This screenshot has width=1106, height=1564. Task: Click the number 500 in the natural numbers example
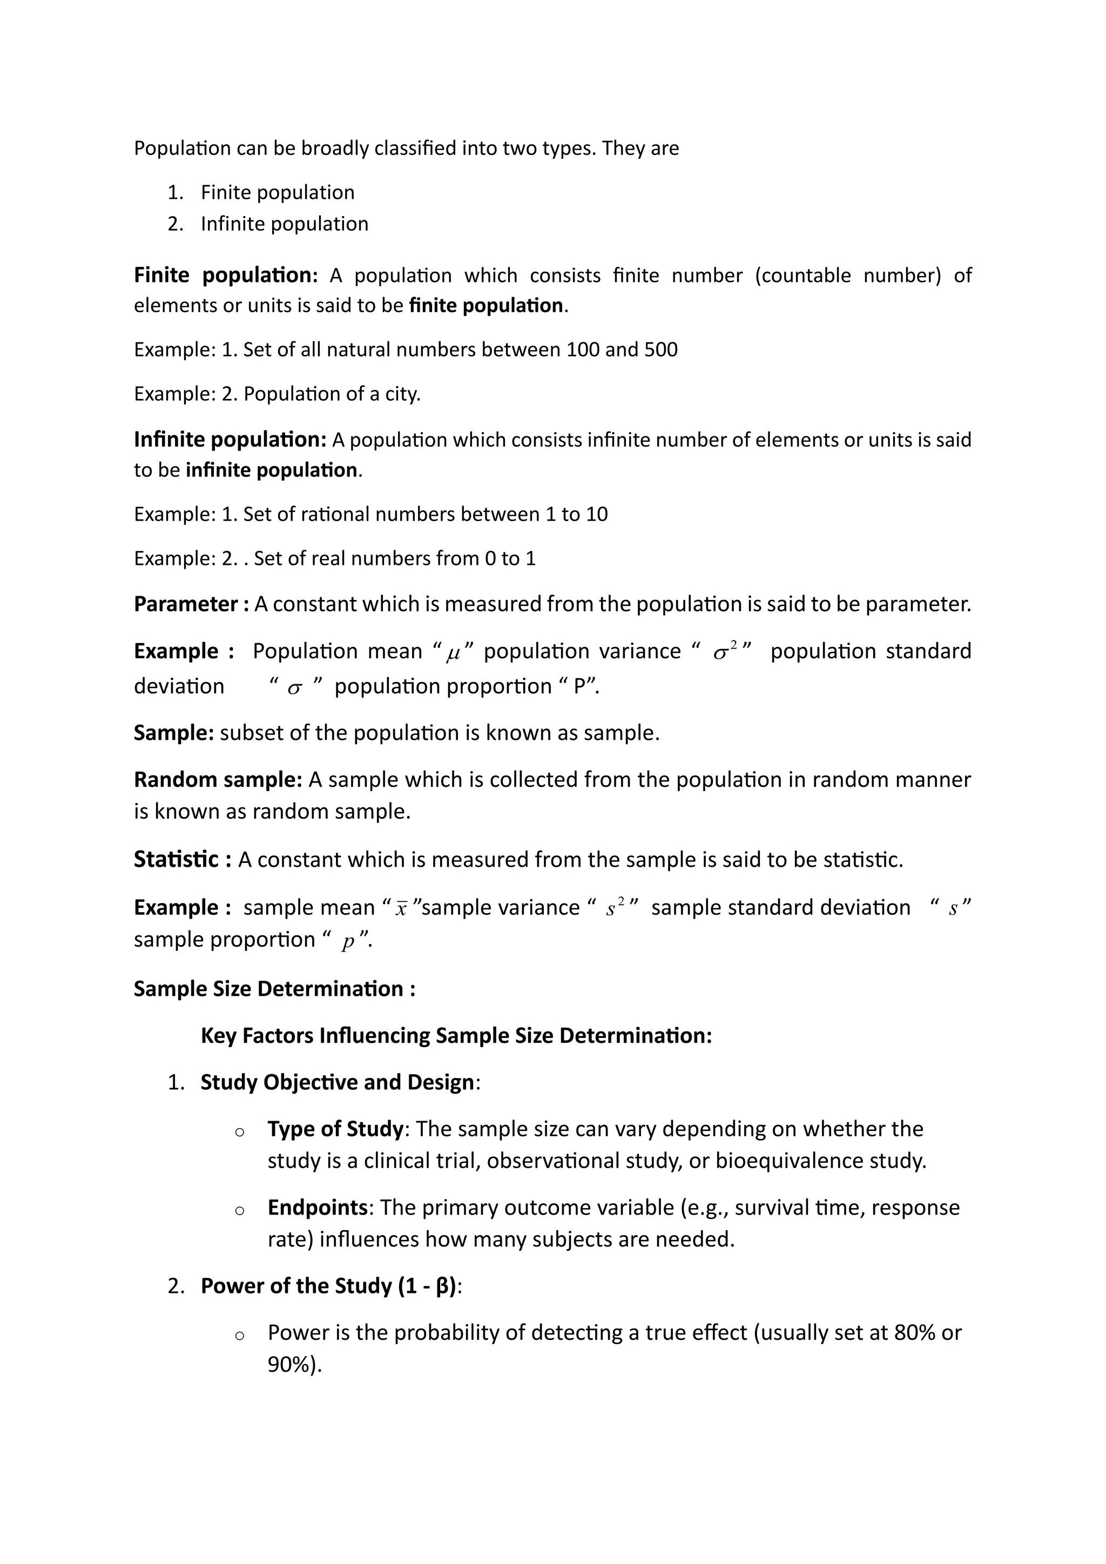tap(660, 349)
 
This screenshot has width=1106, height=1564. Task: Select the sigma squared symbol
tap(724, 652)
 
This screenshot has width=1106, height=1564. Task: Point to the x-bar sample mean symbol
tap(401, 909)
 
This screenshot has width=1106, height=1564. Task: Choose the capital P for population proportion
tap(579, 686)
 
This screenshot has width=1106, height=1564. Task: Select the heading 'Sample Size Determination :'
tap(274, 988)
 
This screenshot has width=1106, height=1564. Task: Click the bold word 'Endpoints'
tap(318, 1207)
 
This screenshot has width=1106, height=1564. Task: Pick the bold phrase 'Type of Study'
tap(335, 1129)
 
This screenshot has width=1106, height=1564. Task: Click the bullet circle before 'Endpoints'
tap(239, 1210)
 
